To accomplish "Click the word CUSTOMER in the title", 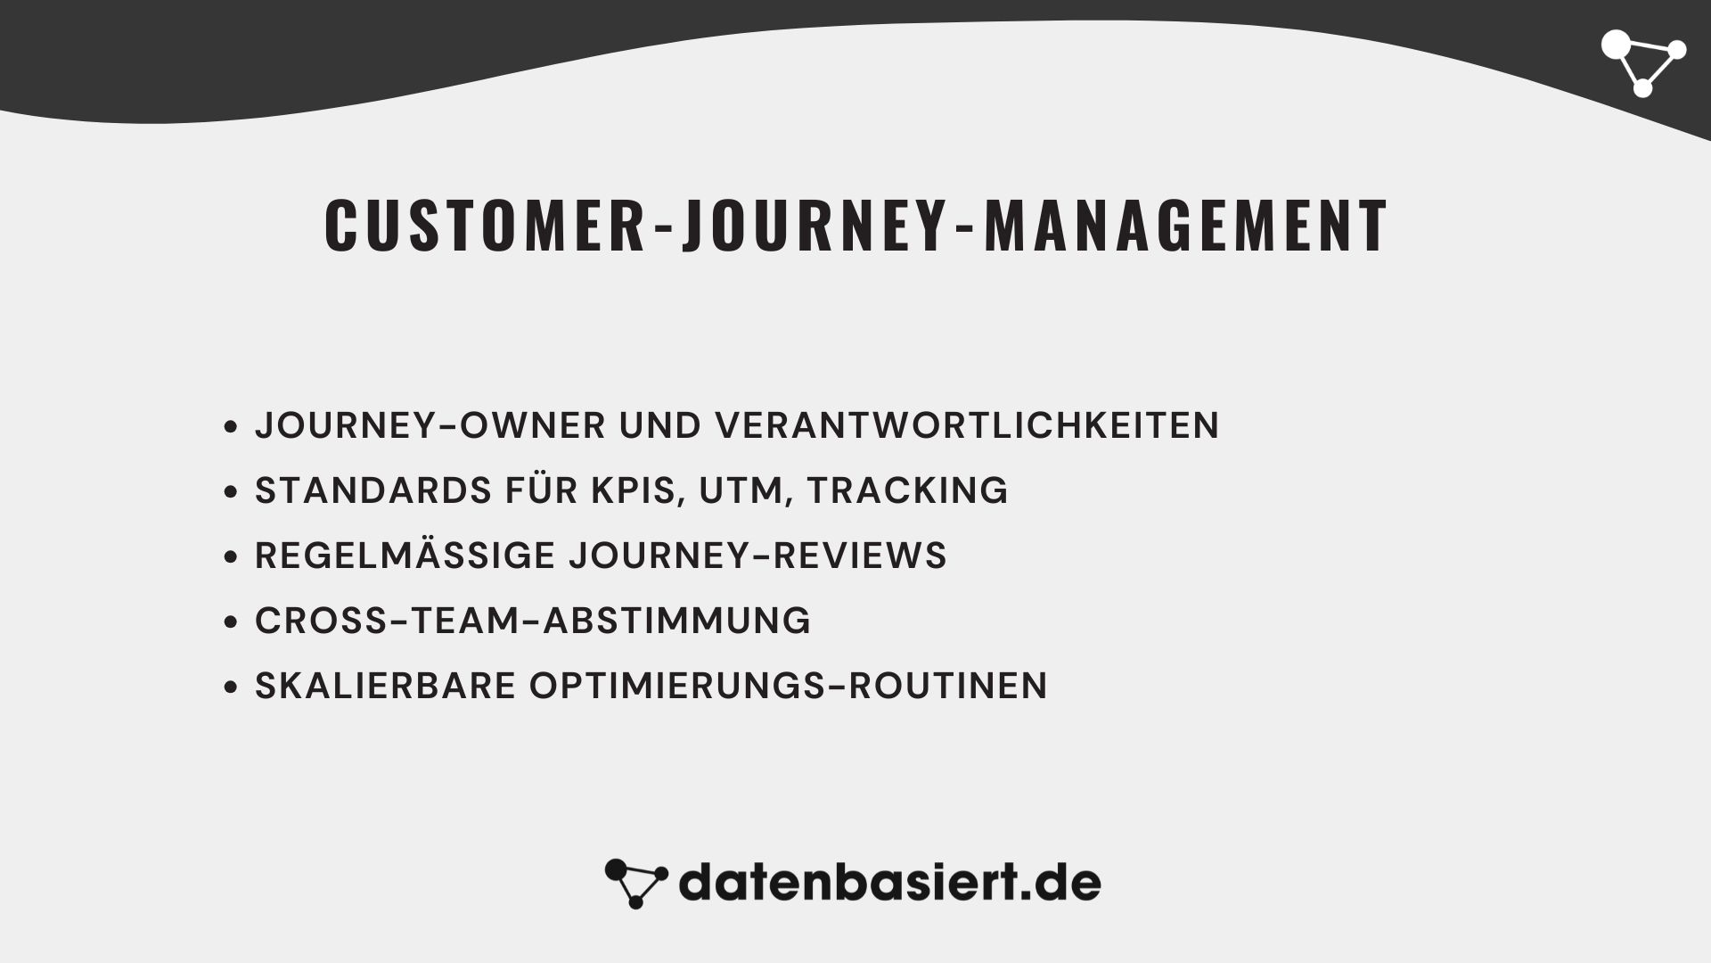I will pyautogui.click(x=485, y=226).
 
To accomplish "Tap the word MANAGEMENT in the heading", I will pyautogui.click(x=1186, y=226).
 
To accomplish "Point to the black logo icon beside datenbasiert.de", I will pyautogui.click(x=635, y=883).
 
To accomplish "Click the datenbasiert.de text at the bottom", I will pyautogui.click(x=889, y=883).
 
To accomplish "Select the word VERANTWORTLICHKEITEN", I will pyautogui.click(x=967, y=425).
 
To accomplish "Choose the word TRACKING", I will pyautogui.click(x=907, y=490).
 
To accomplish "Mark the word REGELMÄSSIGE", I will pyautogui.click(x=405, y=556).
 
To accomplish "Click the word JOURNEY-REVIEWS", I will pyautogui.click(x=757, y=556).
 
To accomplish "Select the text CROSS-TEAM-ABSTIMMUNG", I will pyautogui.click(x=533, y=621).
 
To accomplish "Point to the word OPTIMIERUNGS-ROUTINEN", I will pyautogui.click(x=789, y=686).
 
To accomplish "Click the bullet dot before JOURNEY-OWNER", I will pyautogui.click(x=232, y=427).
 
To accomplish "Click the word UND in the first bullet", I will pyautogui.click(x=660, y=425).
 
